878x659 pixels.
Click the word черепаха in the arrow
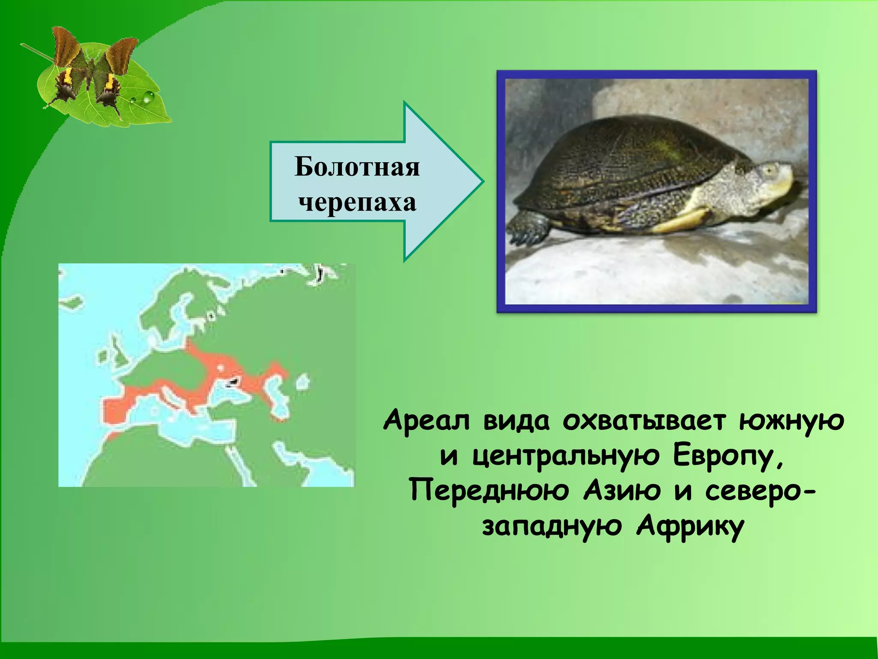coord(357,202)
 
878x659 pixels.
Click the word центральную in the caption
coord(566,456)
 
